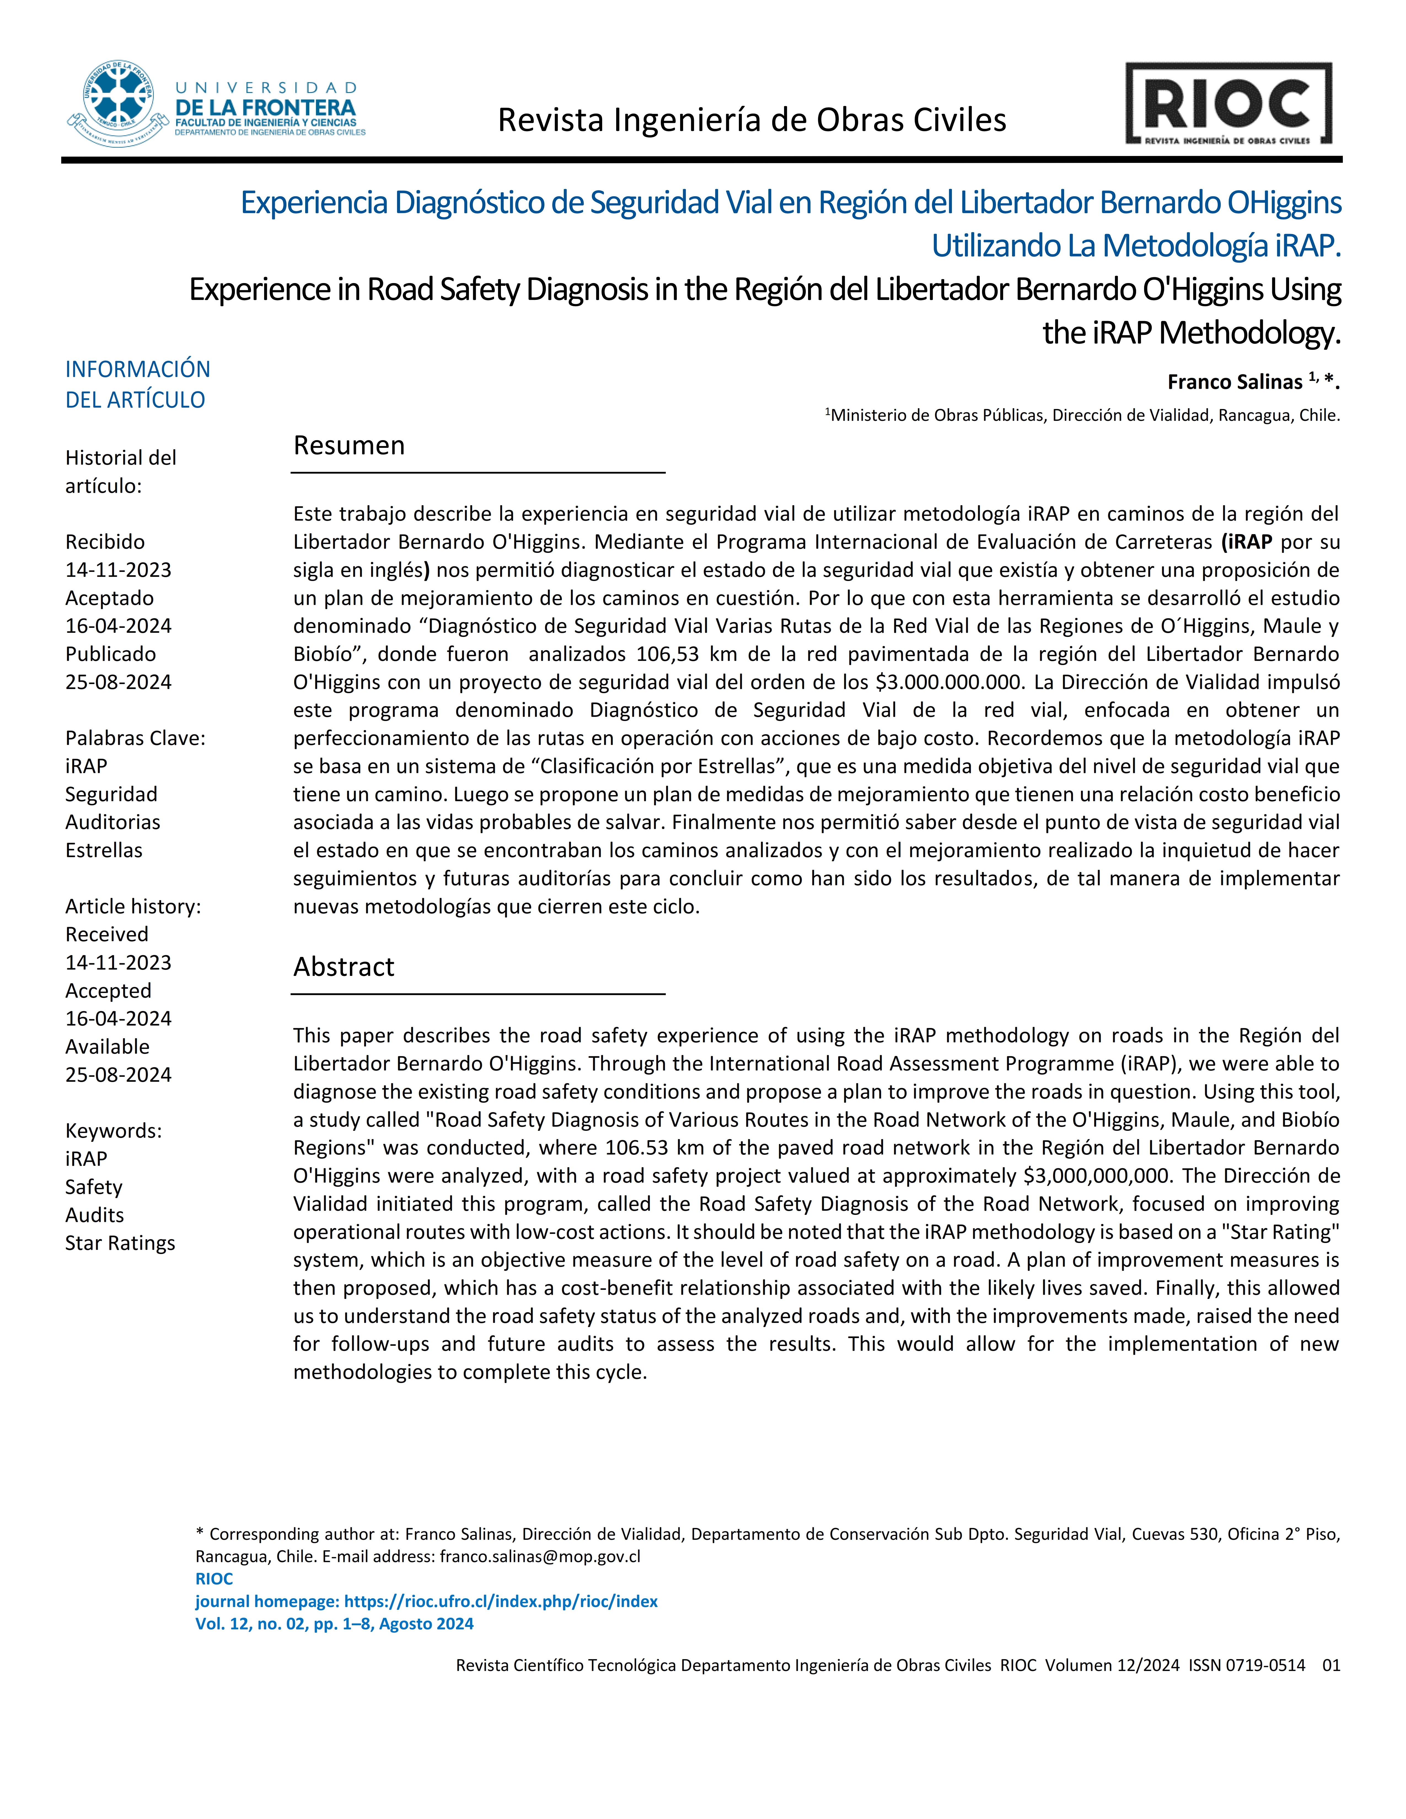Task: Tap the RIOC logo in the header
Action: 1228,104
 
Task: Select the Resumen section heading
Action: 349,446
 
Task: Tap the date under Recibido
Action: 118,571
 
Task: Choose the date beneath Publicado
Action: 118,682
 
